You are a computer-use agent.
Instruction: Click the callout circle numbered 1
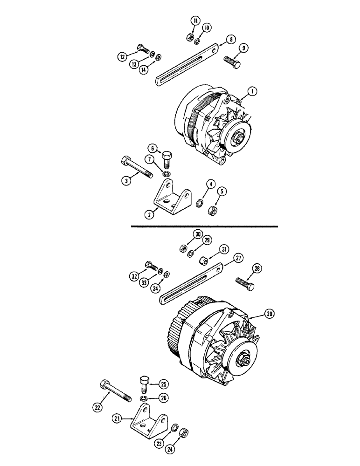[252, 92]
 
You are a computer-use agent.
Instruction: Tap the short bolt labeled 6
[167, 162]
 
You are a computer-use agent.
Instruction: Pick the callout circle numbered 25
[164, 384]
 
